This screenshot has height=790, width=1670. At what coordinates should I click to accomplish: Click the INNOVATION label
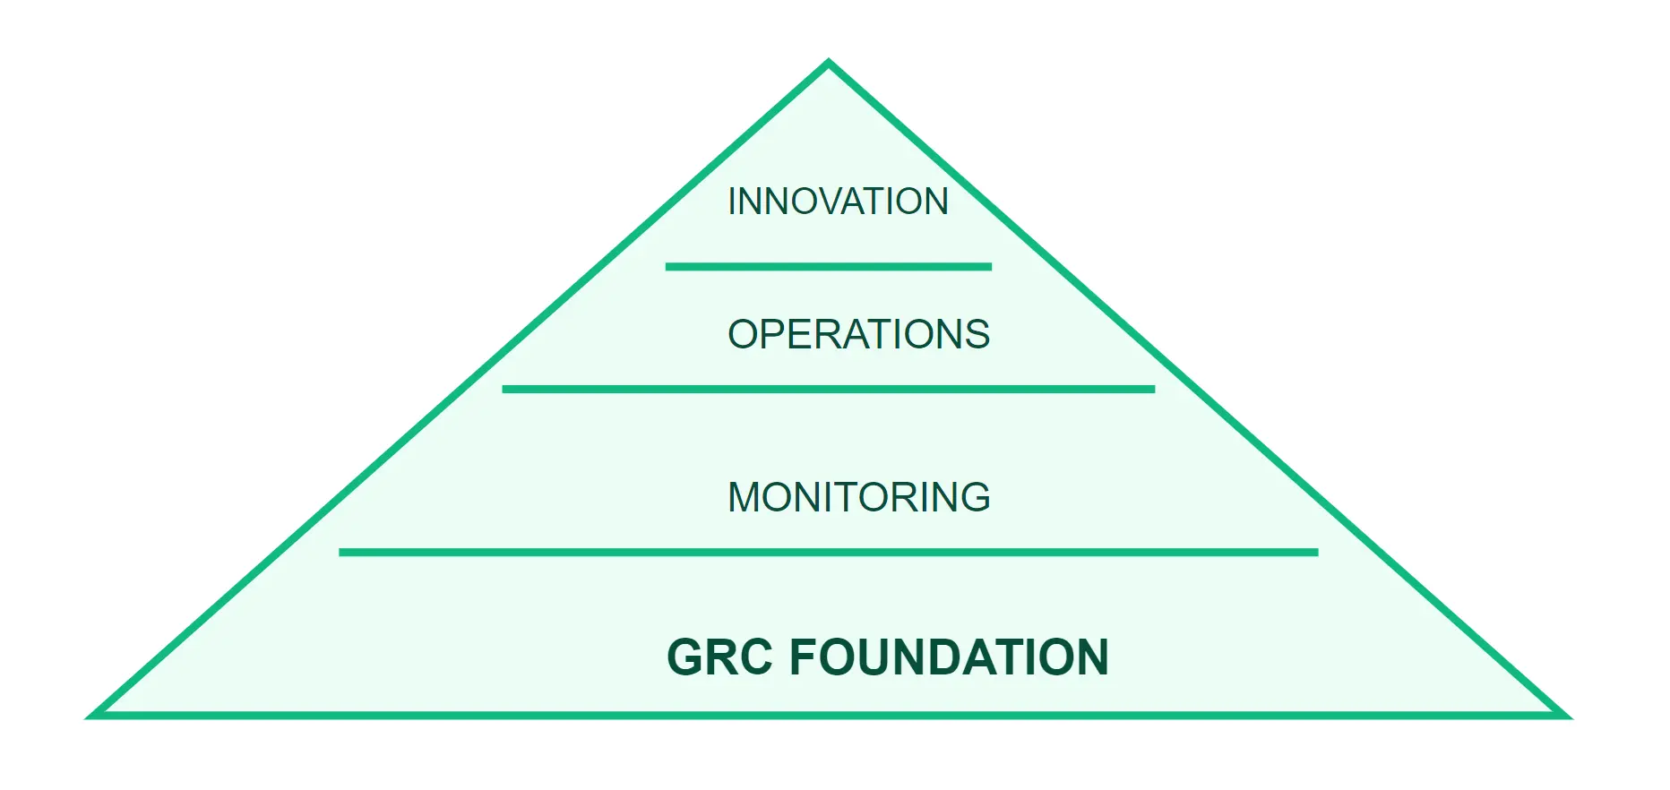[838, 202]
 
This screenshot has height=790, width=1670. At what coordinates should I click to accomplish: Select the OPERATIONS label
[858, 335]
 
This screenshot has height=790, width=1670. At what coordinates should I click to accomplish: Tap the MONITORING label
[858, 497]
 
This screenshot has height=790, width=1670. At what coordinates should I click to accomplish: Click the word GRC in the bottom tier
[719, 657]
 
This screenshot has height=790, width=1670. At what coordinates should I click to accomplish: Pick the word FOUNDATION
[949, 657]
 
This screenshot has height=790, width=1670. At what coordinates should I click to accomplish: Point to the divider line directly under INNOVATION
[828, 267]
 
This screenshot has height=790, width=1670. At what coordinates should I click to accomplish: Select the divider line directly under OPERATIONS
[828, 390]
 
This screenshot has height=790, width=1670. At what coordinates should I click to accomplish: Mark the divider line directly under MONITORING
[828, 553]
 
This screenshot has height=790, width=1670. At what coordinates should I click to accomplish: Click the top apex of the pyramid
[829, 64]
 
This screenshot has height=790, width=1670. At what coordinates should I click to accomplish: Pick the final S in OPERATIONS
[977, 335]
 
